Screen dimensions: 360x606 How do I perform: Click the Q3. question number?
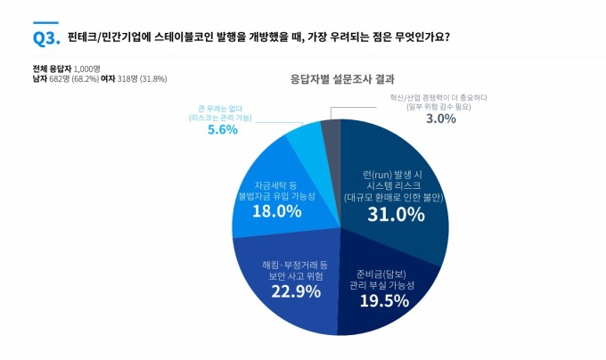[45, 37]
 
